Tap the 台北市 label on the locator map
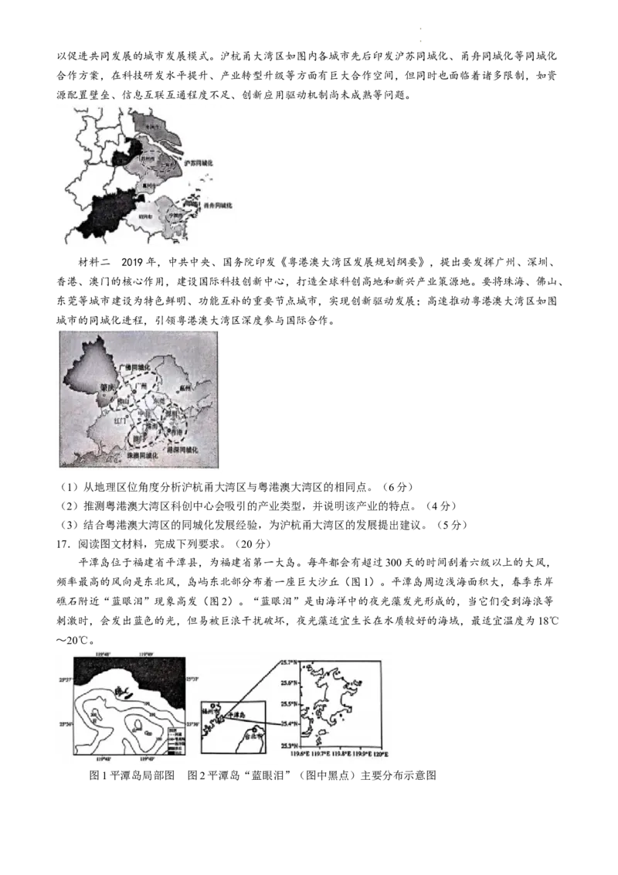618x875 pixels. pos(250,737)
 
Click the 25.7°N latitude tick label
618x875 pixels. pos(288,663)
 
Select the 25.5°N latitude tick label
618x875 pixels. pos(288,703)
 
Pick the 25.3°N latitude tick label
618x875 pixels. pos(288,745)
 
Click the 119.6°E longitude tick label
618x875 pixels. pos(301,754)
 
